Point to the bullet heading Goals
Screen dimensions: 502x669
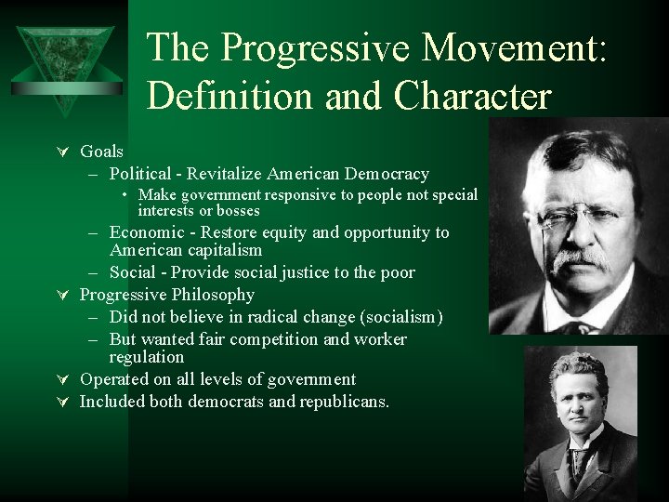pos(101,151)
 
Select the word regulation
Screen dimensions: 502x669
pos(147,357)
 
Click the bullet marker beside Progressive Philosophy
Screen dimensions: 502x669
pos(64,296)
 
